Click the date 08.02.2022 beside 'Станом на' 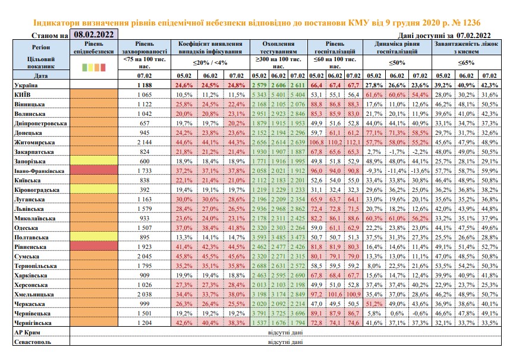[94, 34]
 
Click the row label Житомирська [34, 143]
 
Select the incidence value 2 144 [144, 143]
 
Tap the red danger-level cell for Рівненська [94, 247]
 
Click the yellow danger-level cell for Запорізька [94, 161]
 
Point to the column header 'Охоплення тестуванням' [278, 48]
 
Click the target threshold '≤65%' [466, 62]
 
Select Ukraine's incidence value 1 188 [144, 85]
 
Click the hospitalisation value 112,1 [354, 143]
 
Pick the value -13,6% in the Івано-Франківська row [420, 171]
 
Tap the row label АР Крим [27, 333]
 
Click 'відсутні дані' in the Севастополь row [285, 342]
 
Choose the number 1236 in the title [471, 23]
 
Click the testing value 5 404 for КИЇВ [297, 95]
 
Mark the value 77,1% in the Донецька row [374, 133]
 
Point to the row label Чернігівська [33, 323]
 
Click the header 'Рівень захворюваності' [144, 48]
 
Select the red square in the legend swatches [103, 67]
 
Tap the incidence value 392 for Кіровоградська [144, 190]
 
